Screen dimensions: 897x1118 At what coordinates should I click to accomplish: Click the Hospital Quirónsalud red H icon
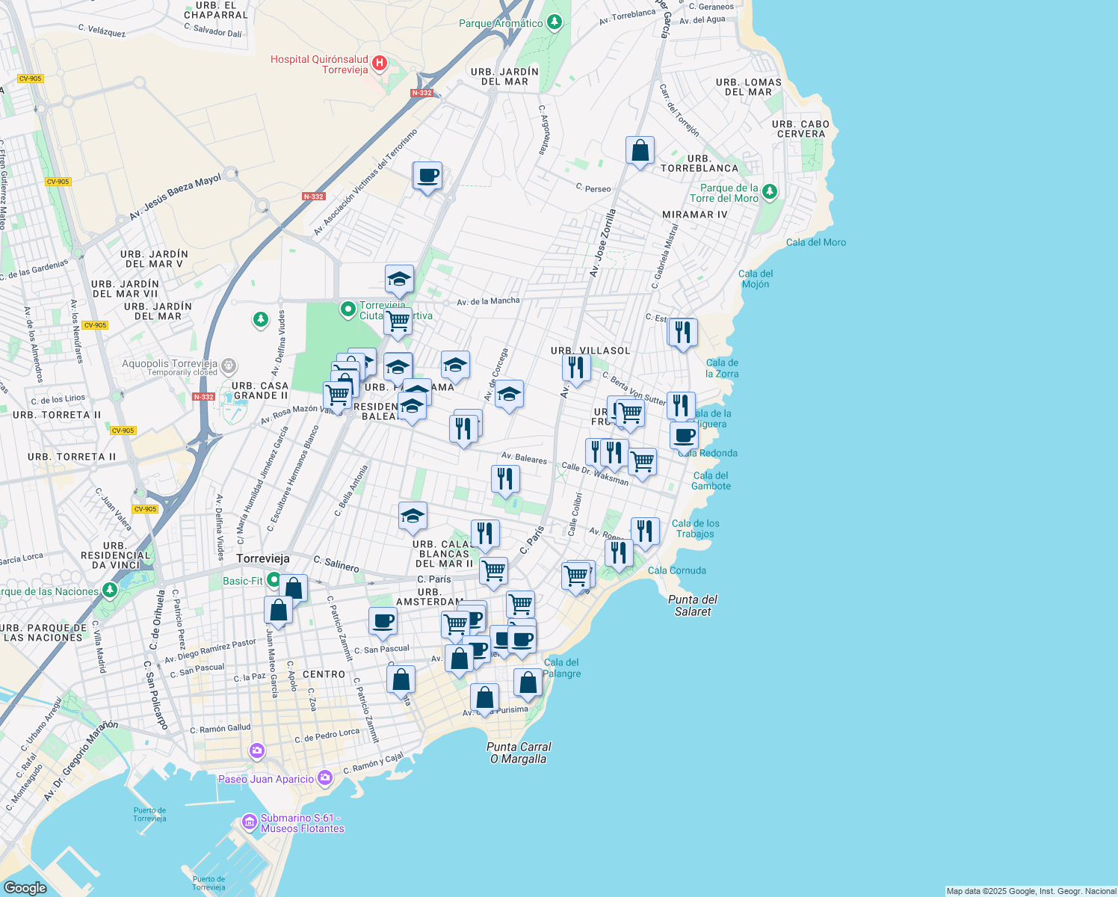click(x=379, y=63)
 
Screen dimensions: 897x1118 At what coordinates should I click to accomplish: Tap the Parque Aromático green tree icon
click(x=554, y=22)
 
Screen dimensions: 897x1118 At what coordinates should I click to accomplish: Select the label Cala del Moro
click(x=816, y=242)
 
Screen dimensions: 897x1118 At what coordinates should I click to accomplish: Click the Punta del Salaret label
click(x=693, y=605)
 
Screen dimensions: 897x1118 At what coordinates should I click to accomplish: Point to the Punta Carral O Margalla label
click(x=519, y=753)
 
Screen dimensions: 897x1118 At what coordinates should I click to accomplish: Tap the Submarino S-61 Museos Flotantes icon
click(x=250, y=822)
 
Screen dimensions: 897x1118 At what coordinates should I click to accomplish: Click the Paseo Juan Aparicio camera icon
click(x=324, y=778)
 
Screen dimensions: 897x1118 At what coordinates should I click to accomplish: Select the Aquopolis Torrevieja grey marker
click(x=229, y=366)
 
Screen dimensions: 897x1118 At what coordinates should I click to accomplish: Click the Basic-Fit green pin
click(x=274, y=580)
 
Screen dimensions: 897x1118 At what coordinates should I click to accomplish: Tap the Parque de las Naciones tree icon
click(x=110, y=591)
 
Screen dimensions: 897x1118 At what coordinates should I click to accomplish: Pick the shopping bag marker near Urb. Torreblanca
click(x=640, y=151)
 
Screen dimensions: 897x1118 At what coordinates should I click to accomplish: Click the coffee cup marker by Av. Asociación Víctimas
click(x=428, y=176)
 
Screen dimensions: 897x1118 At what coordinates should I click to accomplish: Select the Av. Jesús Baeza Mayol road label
click(x=176, y=197)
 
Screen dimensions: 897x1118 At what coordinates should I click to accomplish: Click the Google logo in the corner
click(x=25, y=887)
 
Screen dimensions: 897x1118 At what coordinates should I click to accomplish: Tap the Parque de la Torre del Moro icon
click(x=769, y=192)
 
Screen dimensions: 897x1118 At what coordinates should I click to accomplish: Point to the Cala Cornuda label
click(x=677, y=570)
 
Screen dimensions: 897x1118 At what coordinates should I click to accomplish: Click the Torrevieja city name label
click(x=263, y=558)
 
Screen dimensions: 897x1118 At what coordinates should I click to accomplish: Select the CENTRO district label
click(x=324, y=674)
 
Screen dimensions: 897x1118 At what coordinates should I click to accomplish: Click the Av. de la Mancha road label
click(x=488, y=301)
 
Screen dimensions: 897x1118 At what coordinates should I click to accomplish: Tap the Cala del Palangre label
click(x=562, y=668)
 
